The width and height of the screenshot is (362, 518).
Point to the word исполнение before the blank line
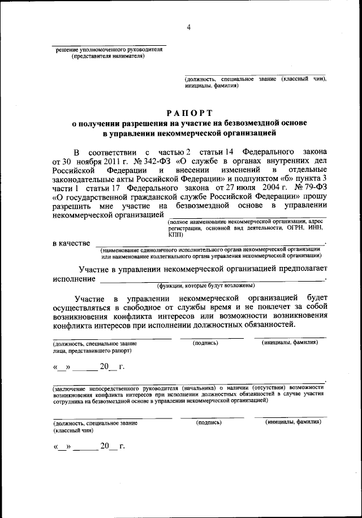(74, 279)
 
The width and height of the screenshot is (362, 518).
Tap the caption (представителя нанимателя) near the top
(107, 56)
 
